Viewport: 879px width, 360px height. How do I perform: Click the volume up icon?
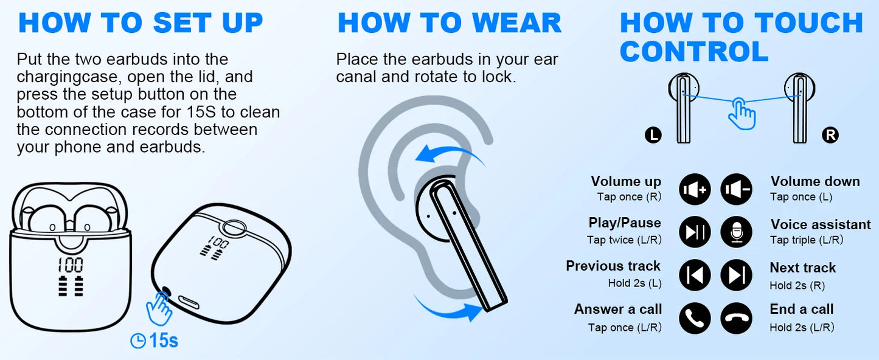pos(695,189)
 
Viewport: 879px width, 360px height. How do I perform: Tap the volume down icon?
pos(736,189)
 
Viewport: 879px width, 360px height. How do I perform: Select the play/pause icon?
pos(695,232)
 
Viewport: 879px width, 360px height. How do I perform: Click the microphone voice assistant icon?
pos(736,232)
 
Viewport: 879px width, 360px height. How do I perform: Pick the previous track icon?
pos(695,275)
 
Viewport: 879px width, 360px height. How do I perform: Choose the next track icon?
pos(736,275)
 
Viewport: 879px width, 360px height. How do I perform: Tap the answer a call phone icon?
pos(695,318)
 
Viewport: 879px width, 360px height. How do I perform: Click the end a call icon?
pos(736,318)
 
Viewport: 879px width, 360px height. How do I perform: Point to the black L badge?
pos(653,135)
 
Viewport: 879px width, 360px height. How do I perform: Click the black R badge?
pos(830,135)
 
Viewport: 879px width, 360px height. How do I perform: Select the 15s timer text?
pos(163,341)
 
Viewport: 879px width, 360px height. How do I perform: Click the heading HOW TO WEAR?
pos(450,23)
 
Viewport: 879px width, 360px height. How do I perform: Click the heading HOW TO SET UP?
pos(141,23)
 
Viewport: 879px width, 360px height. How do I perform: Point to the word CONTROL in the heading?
pos(694,51)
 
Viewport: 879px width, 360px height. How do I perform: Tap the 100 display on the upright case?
pos(71,265)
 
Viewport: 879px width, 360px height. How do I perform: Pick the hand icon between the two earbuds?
pos(742,114)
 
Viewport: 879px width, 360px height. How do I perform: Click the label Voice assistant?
pos(821,224)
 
